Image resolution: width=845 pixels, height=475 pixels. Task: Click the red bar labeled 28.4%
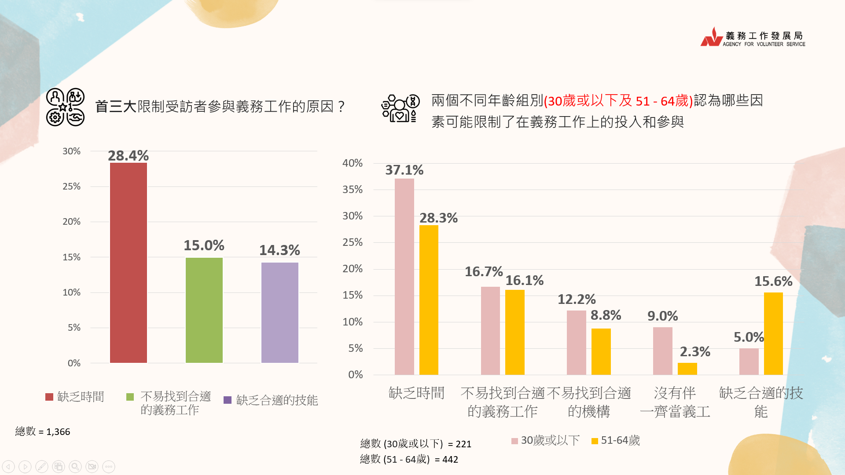pyautogui.click(x=128, y=263)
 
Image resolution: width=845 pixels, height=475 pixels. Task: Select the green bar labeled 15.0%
pyautogui.click(x=204, y=310)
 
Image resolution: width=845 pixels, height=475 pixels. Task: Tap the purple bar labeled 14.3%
pyautogui.click(x=279, y=312)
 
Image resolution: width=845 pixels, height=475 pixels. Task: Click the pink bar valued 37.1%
pyautogui.click(x=404, y=277)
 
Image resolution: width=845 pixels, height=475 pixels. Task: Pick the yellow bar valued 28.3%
pyautogui.click(x=429, y=300)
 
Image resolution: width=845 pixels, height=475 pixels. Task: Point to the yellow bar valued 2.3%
pyautogui.click(x=687, y=369)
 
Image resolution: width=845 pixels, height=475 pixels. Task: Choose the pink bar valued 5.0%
pyautogui.click(x=749, y=362)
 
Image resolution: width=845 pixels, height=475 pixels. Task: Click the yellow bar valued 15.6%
pyautogui.click(x=773, y=333)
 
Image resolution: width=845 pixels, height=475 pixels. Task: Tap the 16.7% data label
pyautogui.click(x=483, y=272)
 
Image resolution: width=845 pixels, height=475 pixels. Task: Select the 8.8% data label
pyautogui.click(x=606, y=315)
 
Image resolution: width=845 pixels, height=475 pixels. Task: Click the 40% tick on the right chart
pyautogui.click(x=353, y=163)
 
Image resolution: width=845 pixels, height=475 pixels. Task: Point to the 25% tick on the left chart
pyautogui.click(x=71, y=186)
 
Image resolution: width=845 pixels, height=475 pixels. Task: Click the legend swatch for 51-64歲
pyautogui.click(x=595, y=441)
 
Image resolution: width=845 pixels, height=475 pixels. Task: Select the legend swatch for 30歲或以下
pyautogui.click(x=514, y=441)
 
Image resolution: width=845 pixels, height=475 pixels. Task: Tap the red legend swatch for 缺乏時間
pyautogui.click(x=49, y=397)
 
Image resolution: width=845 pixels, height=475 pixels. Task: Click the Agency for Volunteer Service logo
pyautogui.click(x=753, y=37)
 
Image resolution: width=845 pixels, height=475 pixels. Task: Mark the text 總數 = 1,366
pyautogui.click(x=43, y=431)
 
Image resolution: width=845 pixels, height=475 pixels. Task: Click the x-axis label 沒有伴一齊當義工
pyautogui.click(x=675, y=402)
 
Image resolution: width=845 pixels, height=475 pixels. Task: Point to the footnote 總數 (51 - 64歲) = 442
pyautogui.click(x=409, y=459)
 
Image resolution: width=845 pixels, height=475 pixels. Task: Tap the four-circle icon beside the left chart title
pyautogui.click(x=65, y=107)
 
